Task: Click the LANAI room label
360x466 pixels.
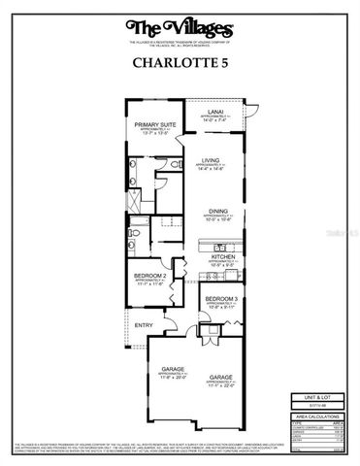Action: click(214, 110)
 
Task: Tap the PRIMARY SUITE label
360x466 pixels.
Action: click(155, 125)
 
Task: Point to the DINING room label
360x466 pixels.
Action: click(216, 209)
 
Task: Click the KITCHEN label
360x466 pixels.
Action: click(223, 256)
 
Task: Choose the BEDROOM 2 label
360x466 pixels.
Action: click(149, 276)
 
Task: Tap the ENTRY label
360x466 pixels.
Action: click(144, 324)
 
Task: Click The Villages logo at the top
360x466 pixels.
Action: click(180, 27)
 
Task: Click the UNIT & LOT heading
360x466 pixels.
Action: click(315, 396)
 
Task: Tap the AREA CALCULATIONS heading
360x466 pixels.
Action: click(315, 415)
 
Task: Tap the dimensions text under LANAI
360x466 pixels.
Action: click(214, 118)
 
